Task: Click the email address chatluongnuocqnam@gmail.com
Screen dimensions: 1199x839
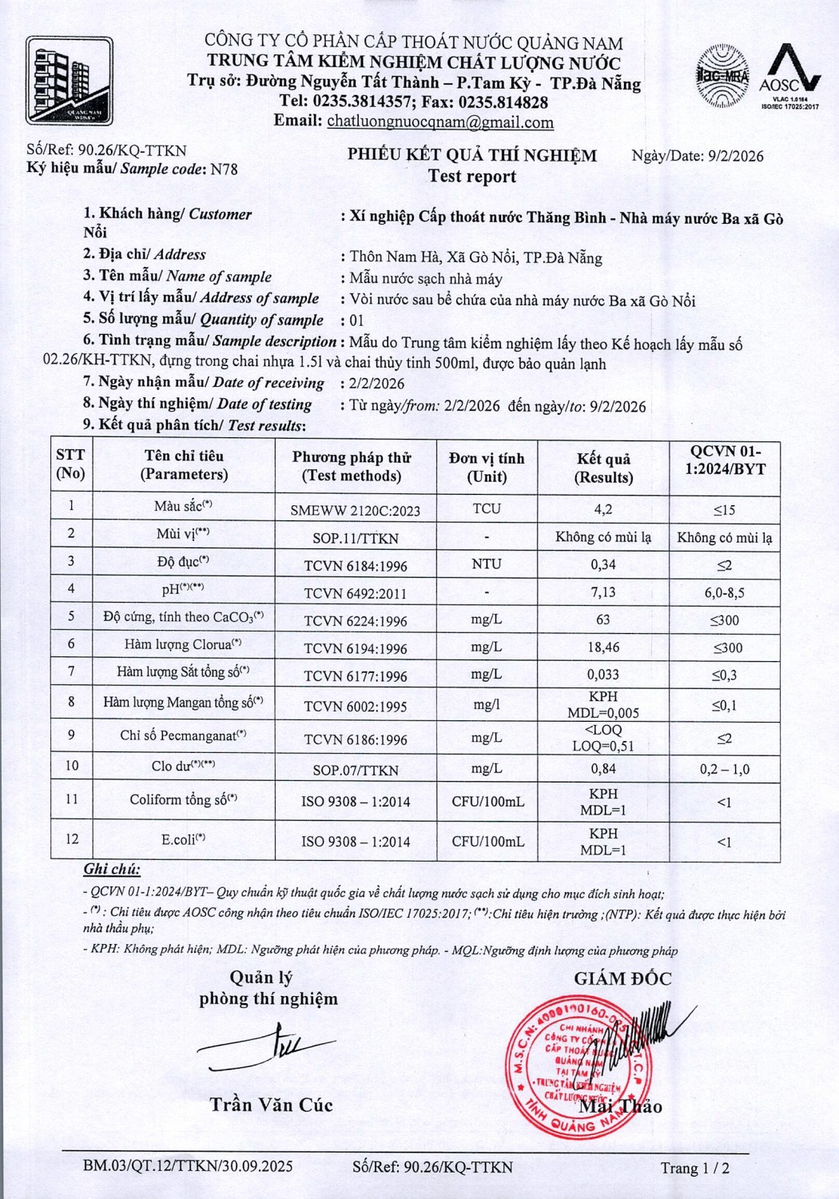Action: (x=440, y=122)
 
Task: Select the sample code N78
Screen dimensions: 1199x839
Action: (x=223, y=169)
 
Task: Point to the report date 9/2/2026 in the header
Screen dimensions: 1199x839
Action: (x=735, y=156)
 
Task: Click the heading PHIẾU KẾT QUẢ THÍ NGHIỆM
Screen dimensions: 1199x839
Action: (x=471, y=155)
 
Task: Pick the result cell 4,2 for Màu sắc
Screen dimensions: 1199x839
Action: (x=602, y=509)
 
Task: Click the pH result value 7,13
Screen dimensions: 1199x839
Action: (x=602, y=592)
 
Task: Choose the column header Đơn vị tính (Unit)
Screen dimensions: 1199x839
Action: (x=486, y=467)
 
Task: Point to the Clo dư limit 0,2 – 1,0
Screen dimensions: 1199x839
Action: (x=724, y=769)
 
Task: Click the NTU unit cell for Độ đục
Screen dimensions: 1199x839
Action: (x=486, y=564)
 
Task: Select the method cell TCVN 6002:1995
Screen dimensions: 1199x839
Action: (x=356, y=706)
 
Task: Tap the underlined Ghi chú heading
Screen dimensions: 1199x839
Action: (x=112, y=870)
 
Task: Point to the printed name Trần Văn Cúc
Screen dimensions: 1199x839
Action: (x=271, y=1105)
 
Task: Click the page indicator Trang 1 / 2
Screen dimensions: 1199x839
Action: (x=694, y=1168)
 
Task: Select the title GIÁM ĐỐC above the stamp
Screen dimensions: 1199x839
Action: (x=622, y=978)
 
